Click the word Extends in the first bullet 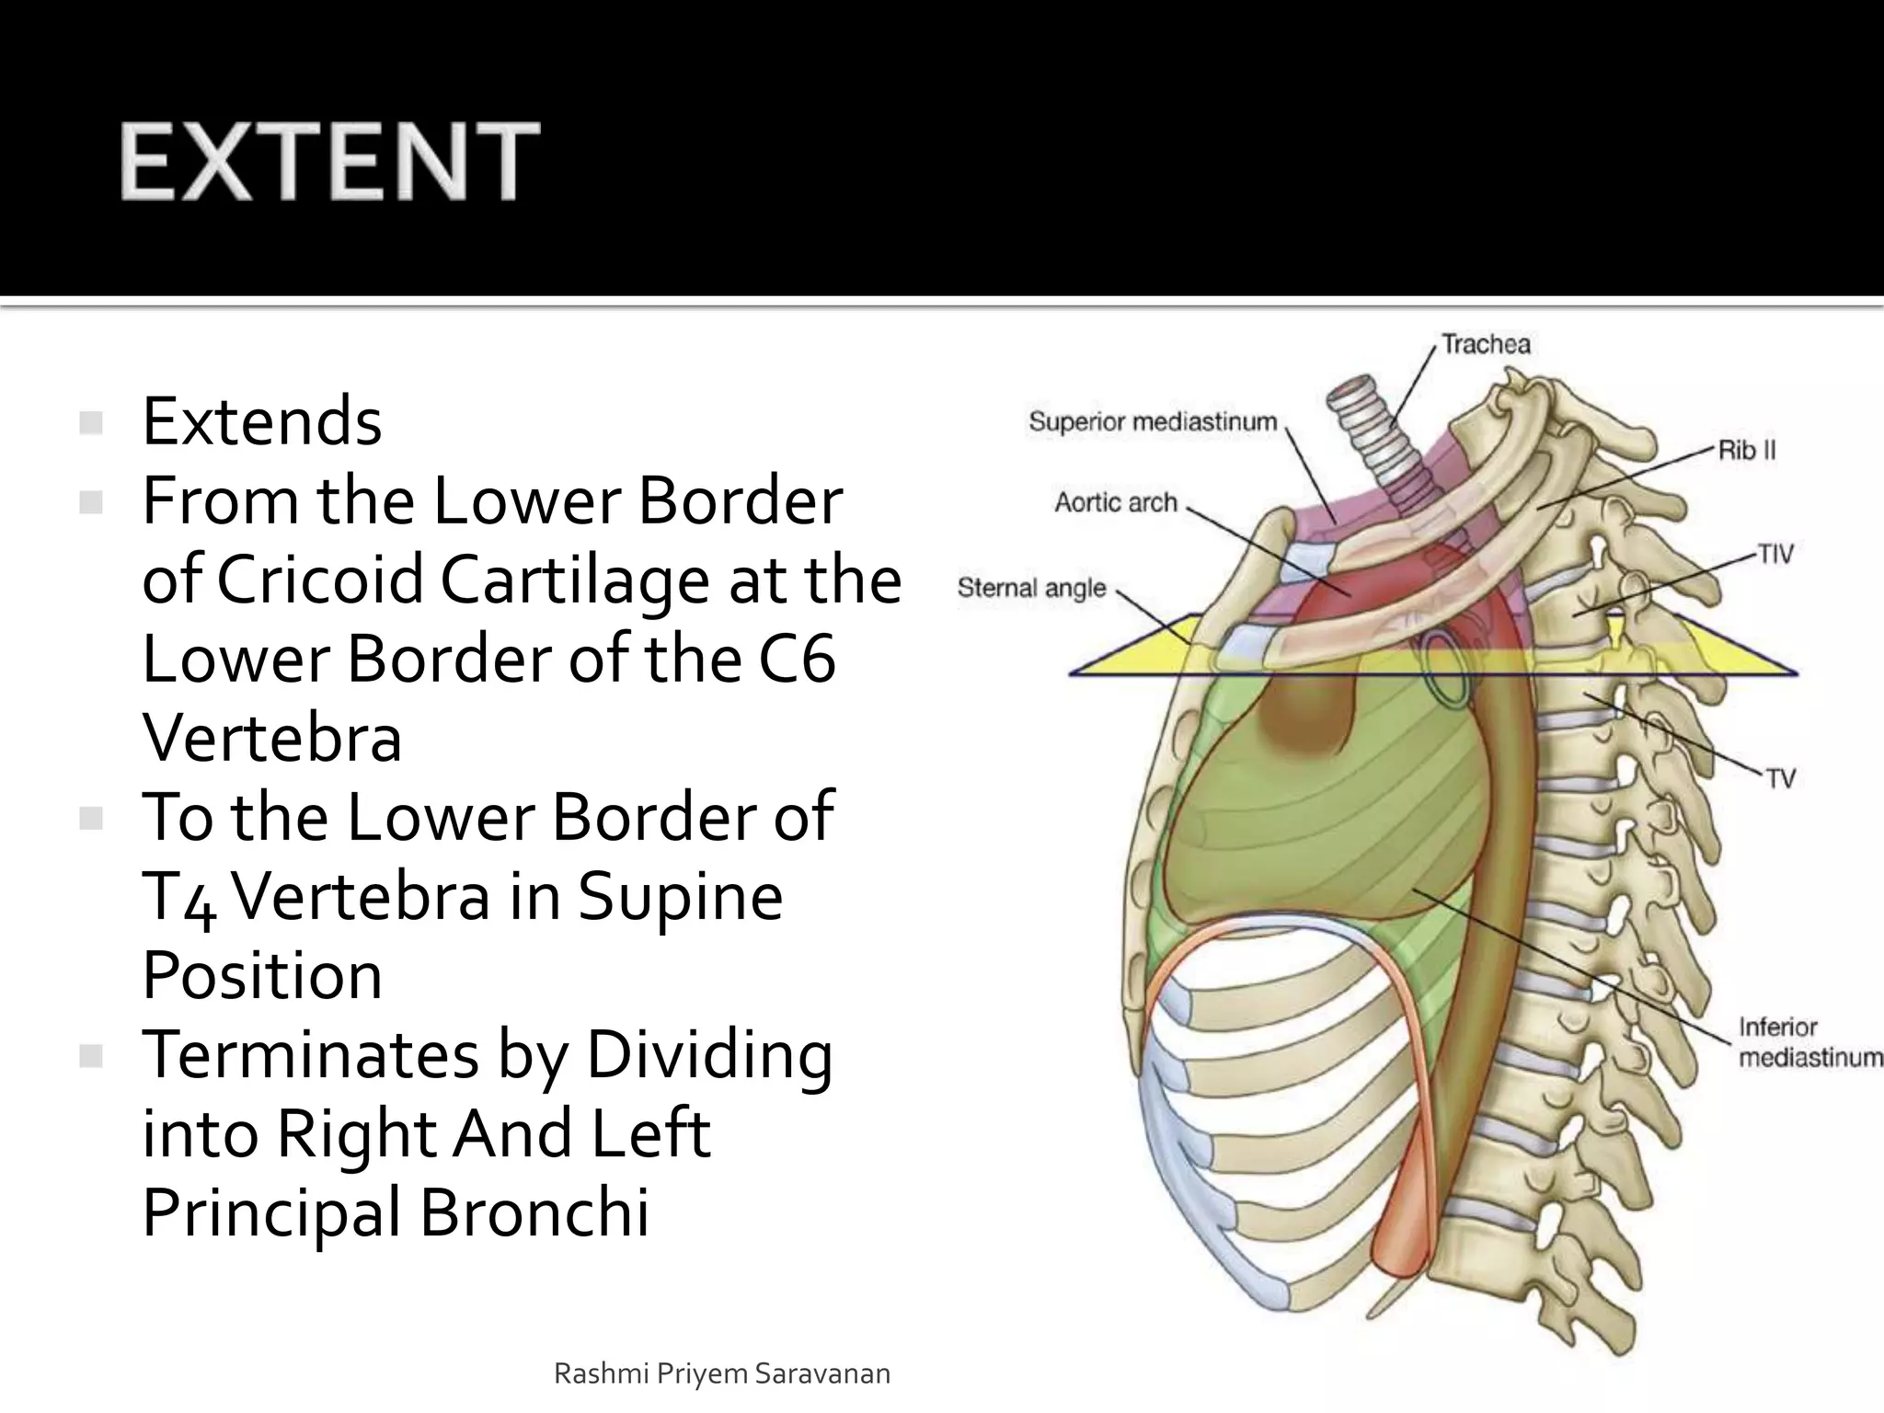262,421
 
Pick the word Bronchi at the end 534,1212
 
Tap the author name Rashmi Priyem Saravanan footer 722,1373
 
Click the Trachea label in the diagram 1486,344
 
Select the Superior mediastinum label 1153,421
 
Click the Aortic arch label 1115,502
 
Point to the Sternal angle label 1031,587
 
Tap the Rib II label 1747,450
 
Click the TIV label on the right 1775,554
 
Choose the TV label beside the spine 1781,778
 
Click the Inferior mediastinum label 1809,1041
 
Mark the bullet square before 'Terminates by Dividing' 91,1056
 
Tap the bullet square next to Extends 91,423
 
